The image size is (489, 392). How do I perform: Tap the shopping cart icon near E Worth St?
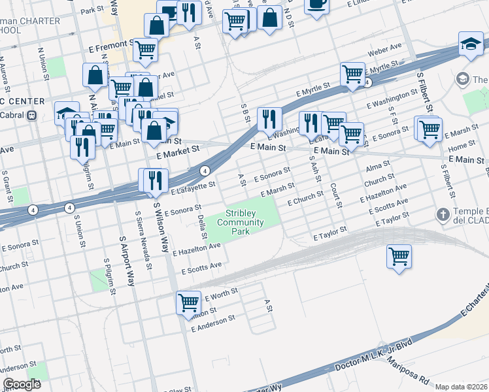[188, 302]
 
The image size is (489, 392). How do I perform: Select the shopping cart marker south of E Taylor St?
[399, 256]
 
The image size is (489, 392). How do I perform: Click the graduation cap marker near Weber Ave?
[471, 43]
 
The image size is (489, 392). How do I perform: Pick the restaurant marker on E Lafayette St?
[156, 180]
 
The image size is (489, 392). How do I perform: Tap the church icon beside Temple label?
[443, 215]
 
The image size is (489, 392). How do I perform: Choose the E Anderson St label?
[212, 322]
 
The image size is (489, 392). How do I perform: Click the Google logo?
[22, 384]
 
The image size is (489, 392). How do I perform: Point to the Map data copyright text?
[461, 387]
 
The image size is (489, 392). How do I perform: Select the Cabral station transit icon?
[31, 115]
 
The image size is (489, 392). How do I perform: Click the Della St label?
[202, 225]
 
